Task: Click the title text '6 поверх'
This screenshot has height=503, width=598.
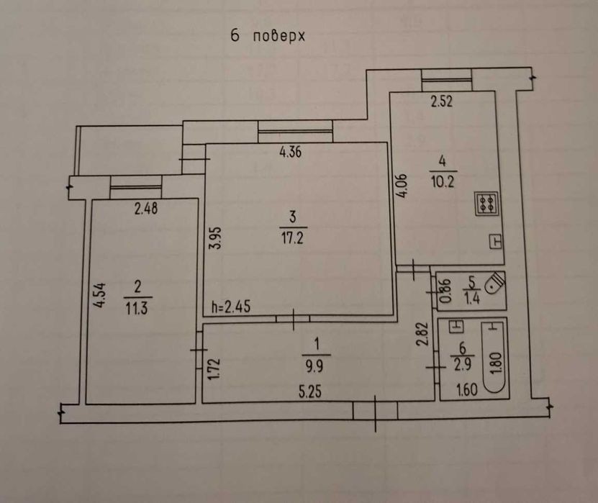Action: (x=268, y=36)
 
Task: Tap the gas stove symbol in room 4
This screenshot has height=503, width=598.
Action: (x=486, y=204)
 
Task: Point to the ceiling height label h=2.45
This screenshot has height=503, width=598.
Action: (x=231, y=307)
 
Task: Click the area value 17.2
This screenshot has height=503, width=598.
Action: (x=292, y=238)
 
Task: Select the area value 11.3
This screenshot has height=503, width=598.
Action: (x=137, y=307)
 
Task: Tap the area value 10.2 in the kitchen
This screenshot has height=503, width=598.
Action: (x=443, y=181)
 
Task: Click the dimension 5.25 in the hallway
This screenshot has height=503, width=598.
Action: (x=309, y=391)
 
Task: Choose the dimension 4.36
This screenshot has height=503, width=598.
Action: (x=290, y=152)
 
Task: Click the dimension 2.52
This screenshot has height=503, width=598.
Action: (x=442, y=101)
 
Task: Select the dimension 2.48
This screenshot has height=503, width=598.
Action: (x=146, y=209)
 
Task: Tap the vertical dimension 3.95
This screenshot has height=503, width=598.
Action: (x=216, y=238)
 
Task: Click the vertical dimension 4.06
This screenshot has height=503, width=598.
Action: (x=402, y=186)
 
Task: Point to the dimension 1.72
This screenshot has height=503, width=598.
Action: (x=214, y=368)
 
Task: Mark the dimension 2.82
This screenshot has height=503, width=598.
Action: (x=422, y=335)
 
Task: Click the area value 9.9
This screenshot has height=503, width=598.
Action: (x=314, y=366)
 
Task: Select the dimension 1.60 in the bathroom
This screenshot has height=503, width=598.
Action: (x=467, y=390)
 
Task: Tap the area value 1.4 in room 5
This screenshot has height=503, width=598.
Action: (x=472, y=298)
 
